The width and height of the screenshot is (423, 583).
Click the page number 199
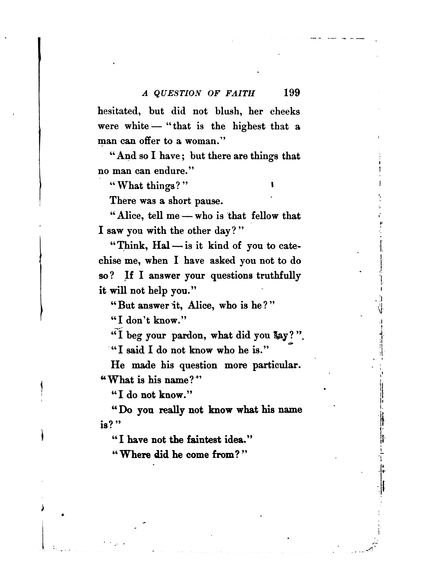coord(292,93)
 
